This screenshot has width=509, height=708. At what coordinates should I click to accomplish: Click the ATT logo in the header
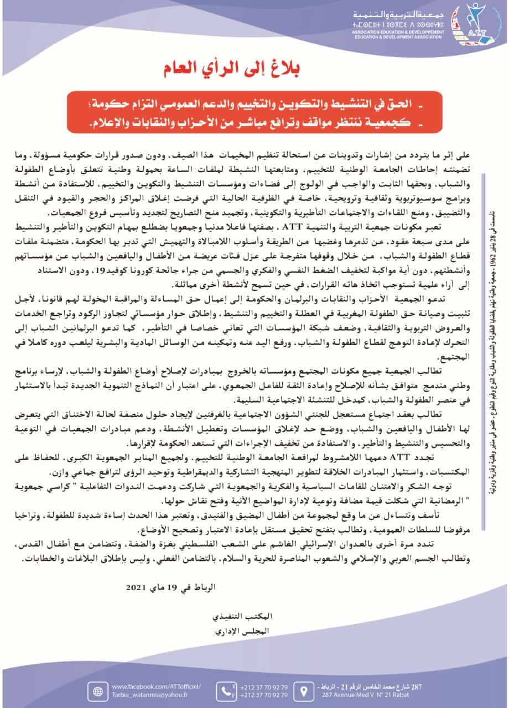coord(471,25)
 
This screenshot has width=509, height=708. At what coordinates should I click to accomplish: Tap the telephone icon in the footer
coord(225,690)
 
